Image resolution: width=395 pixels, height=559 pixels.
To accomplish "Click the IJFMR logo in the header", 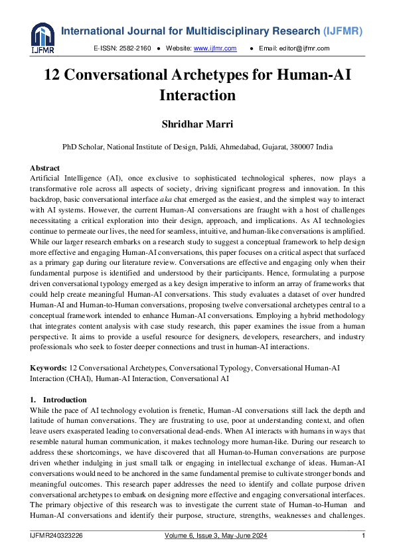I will [x=42, y=38].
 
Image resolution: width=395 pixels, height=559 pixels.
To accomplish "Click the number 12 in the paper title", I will [x=54, y=76].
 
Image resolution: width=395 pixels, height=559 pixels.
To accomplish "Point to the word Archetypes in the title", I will [x=217, y=76].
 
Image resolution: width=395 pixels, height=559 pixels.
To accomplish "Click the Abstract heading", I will [x=45, y=169].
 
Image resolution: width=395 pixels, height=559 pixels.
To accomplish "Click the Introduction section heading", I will [x=64, y=400].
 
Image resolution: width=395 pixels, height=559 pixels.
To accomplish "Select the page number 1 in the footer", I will [x=363, y=536].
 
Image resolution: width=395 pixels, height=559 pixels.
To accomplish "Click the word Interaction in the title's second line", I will [x=197, y=96].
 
